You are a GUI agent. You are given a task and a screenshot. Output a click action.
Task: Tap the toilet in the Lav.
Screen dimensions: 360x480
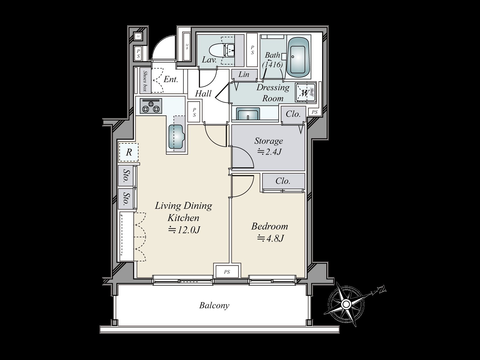(x=217, y=50)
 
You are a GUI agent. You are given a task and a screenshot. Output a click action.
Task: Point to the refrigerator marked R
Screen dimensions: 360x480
(x=129, y=152)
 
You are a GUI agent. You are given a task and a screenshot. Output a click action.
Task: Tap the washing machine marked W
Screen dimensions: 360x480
(x=304, y=93)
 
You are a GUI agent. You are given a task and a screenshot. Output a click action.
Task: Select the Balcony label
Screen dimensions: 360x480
(x=214, y=305)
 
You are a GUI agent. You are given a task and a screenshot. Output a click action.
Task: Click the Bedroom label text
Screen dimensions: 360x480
(x=269, y=226)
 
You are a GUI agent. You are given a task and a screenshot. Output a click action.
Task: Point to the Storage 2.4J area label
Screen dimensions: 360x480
(x=268, y=146)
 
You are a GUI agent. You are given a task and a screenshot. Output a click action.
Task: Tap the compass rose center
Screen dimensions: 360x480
(x=346, y=304)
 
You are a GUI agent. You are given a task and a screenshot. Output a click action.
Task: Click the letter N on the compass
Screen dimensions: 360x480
(x=382, y=289)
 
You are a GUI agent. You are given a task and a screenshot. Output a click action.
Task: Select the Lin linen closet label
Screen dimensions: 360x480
(x=244, y=74)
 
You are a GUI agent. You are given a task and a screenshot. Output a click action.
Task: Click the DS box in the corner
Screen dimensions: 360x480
(x=138, y=37)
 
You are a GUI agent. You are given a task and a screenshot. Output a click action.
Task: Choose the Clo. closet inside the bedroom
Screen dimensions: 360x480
(x=283, y=181)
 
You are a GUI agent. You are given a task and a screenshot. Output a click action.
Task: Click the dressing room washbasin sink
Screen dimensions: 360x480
(x=247, y=114)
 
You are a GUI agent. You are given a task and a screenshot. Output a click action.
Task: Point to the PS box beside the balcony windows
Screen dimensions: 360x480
(x=227, y=272)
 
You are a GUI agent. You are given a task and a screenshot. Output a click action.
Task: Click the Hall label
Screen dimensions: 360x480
(x=203, y=94)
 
